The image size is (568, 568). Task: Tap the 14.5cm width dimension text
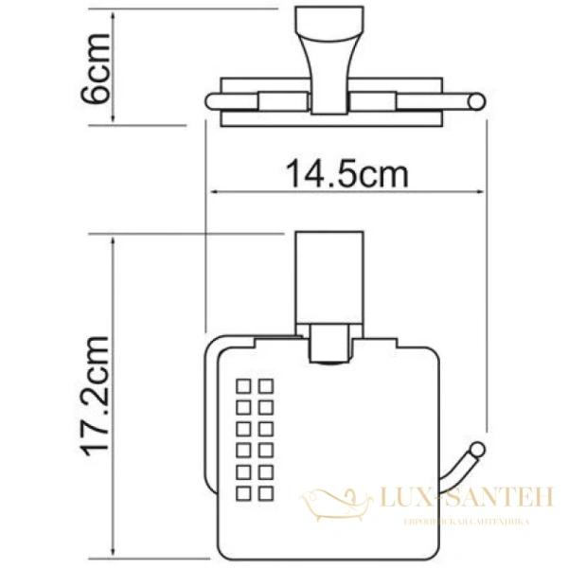pos(346,173)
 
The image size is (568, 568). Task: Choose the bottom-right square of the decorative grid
pos(267,490)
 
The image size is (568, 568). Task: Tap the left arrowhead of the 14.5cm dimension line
pos(212,194)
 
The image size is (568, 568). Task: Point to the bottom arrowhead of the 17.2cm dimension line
pos(114,554)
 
